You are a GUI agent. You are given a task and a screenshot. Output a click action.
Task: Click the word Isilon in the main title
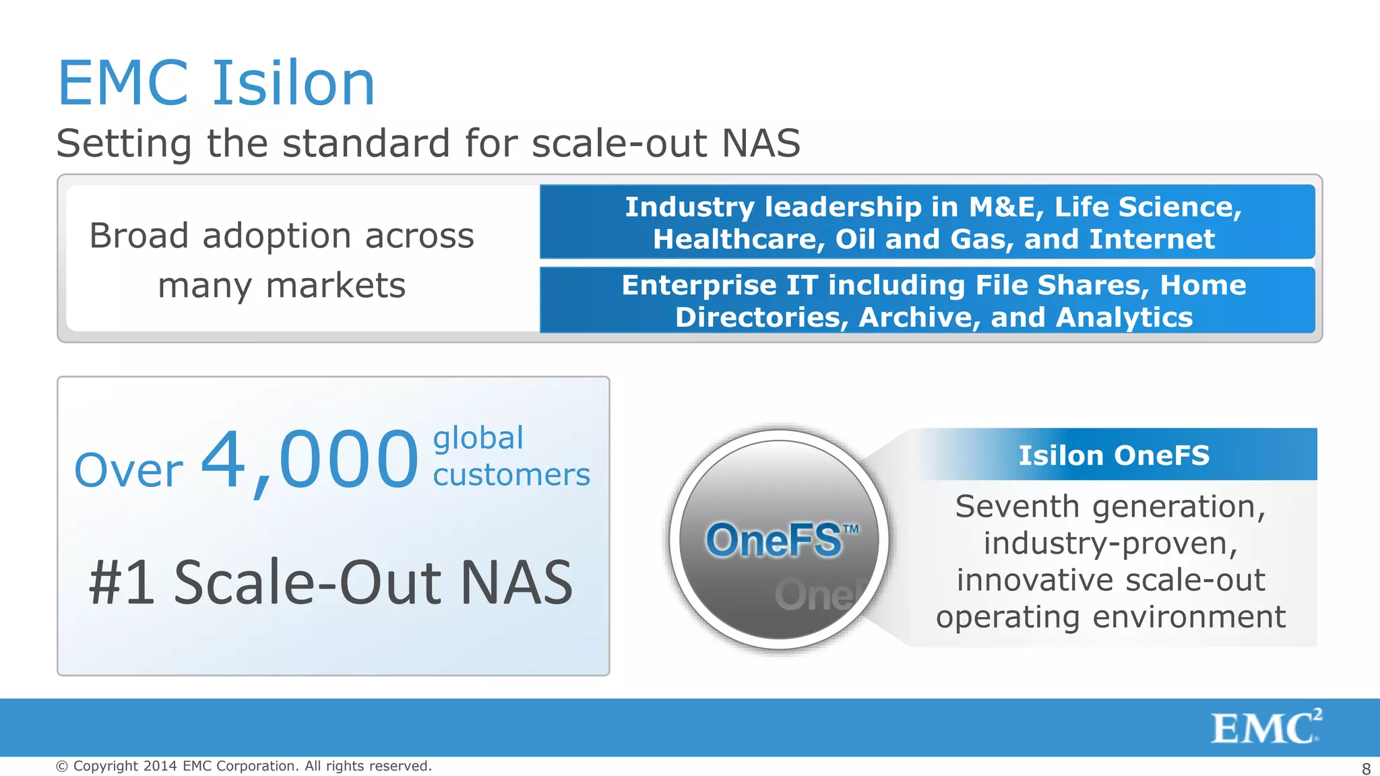[x=294, y=84]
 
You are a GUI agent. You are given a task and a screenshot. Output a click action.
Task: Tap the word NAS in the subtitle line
[x=761, y=143]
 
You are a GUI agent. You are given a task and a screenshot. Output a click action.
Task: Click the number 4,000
[x=310, y=461]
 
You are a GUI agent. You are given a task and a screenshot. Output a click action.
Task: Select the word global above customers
[x=478, y=439]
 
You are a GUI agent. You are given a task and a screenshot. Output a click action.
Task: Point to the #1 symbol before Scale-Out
[x=121, y=583]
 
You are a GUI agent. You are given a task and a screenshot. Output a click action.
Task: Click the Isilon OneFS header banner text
[x=1113, y=455]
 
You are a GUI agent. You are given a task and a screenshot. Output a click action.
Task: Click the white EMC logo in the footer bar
[x=1265, y=727]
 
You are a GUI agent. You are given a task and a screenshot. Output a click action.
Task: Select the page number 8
[x=1366, y=769]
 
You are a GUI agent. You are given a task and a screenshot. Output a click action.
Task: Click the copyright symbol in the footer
[x=62, y=766]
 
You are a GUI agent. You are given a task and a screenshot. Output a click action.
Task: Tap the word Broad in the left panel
[x=139, y=236]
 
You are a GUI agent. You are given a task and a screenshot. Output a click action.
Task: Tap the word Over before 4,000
[x=128, y=470]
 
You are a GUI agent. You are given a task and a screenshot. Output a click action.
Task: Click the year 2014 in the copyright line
[x=160, y=766]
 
